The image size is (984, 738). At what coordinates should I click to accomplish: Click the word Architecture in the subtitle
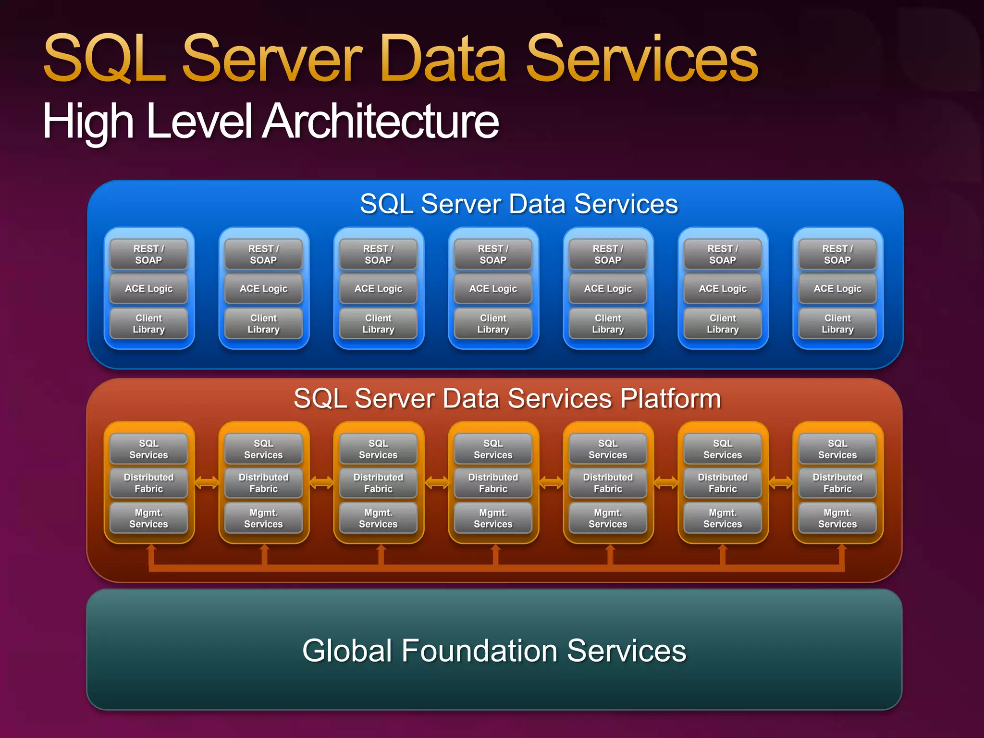coord(382,121)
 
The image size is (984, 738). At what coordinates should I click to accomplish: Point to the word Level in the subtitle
coord(199,121)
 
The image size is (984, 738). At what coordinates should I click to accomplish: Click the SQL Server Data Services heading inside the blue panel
coord(519,204)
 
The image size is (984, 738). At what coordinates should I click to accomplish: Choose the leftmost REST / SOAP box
coord(148,255)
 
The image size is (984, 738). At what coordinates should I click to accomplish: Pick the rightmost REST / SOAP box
coord(837,255)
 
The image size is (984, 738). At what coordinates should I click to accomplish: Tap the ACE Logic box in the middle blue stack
coord(493,289)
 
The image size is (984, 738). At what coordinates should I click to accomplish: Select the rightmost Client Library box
coord(837,324)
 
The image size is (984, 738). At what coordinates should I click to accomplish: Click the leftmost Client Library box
coord(148,324)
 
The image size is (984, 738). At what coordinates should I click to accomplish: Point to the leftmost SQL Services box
coord(148,449)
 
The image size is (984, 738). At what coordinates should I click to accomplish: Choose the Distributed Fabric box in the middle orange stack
coord(493,483)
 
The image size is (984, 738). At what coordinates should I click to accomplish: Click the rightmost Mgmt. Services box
coord(837,518)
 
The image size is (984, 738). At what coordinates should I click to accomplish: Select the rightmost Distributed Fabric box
coord(837,483)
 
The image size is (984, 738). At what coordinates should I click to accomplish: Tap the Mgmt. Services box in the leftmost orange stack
coord(148,518)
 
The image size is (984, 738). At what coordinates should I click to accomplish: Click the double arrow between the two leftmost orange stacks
coord(207,482)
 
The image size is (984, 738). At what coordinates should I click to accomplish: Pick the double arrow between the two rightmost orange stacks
coord(781,482)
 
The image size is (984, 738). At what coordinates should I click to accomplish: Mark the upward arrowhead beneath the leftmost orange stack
coord(151,548)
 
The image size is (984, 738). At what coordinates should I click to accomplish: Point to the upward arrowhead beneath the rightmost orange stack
coord(842,548)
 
